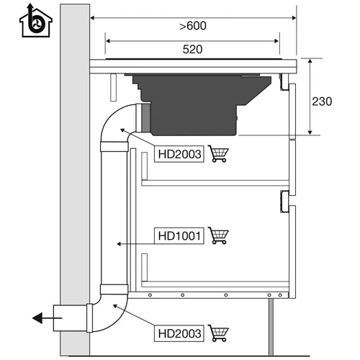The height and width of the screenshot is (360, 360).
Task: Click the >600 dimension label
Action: click(x=193, y=26)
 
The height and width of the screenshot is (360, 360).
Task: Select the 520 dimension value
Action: click(x=192, y=49)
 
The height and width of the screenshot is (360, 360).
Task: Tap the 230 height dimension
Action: click(x=322, y=102)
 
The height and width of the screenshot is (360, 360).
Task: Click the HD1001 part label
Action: click(x=179, y=235)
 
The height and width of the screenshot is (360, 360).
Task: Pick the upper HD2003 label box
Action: click(x=179, y=154)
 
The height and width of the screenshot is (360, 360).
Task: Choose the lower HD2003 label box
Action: click(x=179, y=333)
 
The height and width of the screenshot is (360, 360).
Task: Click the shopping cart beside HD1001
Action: click(x=218, y=235)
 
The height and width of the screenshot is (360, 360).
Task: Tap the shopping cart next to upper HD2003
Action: click(x=218, y=153)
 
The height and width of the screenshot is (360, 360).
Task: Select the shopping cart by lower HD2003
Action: click(x=218, y=333)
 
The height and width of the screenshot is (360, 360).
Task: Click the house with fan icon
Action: click(x=36, y=21)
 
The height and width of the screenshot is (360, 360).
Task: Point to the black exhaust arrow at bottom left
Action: click(x=47, y=318)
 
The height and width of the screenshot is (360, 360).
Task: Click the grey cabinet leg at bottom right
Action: click(x=271, y=327)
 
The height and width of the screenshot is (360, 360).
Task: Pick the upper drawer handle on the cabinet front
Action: click(x=284, y=82)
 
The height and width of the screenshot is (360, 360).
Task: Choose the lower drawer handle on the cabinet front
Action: click(x=284, y=202)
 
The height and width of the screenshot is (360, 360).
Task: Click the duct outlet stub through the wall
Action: click(x=70, y=318)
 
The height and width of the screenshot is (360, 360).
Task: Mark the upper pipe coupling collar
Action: click(x=114, y=147)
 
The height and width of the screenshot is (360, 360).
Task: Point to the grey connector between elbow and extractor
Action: click(x=145, y=118)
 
